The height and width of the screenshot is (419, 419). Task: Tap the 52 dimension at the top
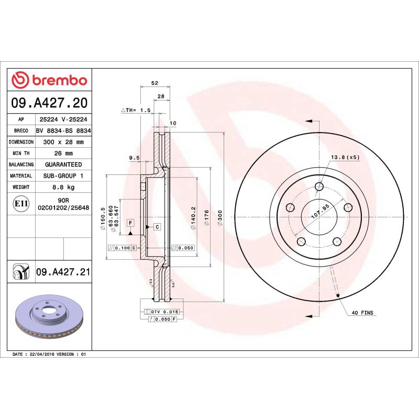click(x=155, y=83)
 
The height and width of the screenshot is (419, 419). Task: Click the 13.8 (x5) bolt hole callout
click(x=345, y=158)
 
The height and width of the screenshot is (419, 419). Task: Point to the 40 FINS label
click(x=362, y=312)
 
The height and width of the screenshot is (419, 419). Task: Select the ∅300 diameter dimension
click(x=220, y=215)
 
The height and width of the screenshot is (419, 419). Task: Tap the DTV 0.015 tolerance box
click(x=164, y=312)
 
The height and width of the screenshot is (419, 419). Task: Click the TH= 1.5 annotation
click(x=136, y=111)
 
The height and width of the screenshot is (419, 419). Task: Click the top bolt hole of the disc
click(x=320, y=186)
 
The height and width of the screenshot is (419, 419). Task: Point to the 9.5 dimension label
click(x=134, y=158)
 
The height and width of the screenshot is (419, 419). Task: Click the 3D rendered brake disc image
click(x=50, y=319)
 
